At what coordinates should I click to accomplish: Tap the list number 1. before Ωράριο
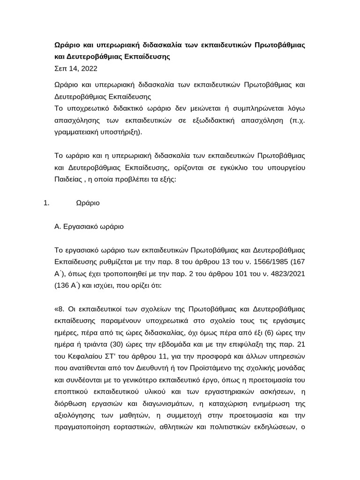click(46, 203)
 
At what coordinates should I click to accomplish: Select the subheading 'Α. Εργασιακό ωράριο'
click(89, 226)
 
